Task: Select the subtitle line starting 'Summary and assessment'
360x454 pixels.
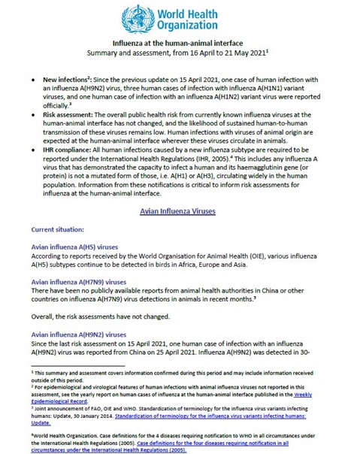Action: pos(180,56)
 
